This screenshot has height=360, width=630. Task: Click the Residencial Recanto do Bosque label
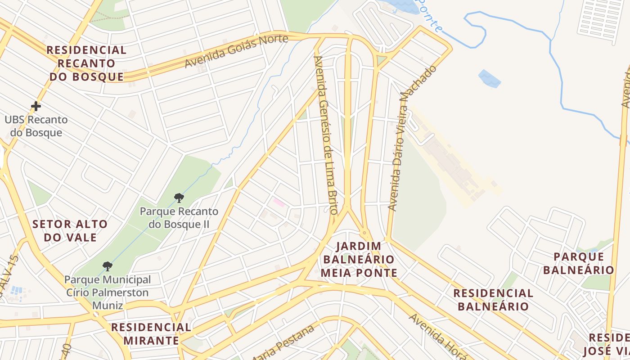tap(86, 63)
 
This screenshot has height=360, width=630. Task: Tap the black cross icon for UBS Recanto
tap(36, 106)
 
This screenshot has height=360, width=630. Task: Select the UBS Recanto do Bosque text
tap(36, 126)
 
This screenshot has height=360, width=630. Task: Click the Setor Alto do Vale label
tap(70, 230)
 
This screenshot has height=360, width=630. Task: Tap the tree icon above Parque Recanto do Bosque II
tap(179, 198)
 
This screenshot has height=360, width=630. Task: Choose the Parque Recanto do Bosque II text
tap(179, 217)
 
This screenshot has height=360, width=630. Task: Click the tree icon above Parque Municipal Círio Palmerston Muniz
tap(107, 266)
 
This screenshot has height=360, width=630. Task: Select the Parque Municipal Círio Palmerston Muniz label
tap(108, 292)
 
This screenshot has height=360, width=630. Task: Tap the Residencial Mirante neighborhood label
tap(151, 333)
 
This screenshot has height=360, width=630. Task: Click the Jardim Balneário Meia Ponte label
tap(359, 260)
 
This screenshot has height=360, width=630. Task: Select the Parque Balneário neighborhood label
tap(578, 263)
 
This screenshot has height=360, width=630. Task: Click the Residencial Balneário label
tap(493, 300)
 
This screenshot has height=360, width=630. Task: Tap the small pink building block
tap(279, 202)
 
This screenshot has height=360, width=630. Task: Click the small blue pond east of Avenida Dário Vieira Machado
tap(490, 78)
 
